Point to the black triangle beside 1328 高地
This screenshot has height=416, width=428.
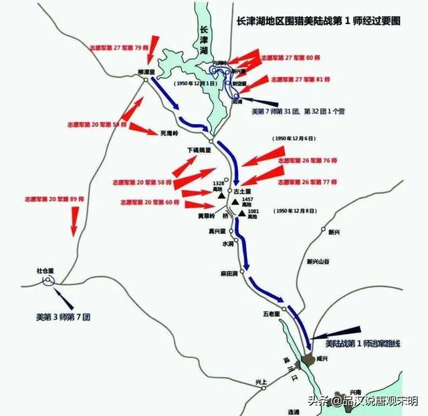(x=218, y=195)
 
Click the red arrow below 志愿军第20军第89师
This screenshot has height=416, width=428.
(x=74, y=221)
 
